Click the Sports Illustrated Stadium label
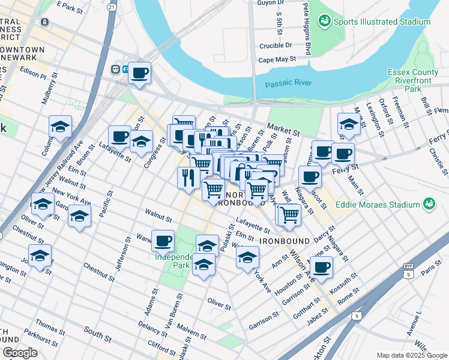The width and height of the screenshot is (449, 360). coord(382,22)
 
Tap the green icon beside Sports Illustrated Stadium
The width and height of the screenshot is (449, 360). coord(325,22)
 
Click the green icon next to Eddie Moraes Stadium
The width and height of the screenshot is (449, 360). coord(429,205)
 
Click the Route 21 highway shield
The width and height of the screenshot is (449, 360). coord(112,7)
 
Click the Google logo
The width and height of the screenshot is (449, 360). coord(20,352)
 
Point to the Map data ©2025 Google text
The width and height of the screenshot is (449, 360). coord(412,355)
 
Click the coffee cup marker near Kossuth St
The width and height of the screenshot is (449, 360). coord(322,266)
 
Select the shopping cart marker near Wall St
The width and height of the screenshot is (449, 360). coord(289,214)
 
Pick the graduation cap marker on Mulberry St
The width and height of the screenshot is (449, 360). coord(60,127)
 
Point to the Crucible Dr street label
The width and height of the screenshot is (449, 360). coord(276,45)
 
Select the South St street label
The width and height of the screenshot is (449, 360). coord(94,331)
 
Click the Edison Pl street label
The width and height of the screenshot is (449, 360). coord(33,76)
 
